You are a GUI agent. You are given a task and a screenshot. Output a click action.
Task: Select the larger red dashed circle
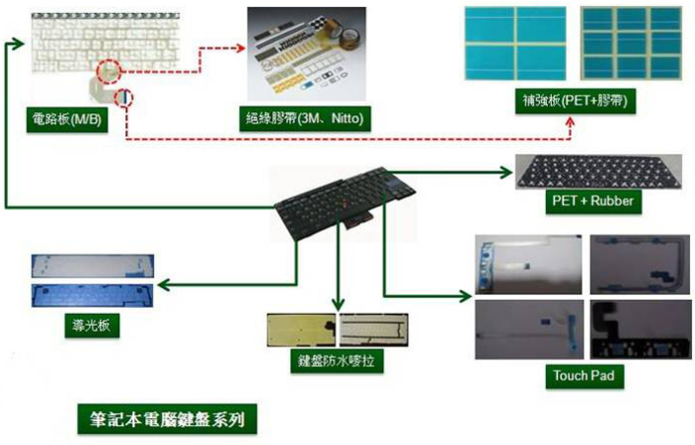coord(110,73)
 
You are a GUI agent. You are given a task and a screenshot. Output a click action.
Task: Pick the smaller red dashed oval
coord(123,98)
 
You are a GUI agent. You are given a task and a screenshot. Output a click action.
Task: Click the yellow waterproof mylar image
coord(300,330)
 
